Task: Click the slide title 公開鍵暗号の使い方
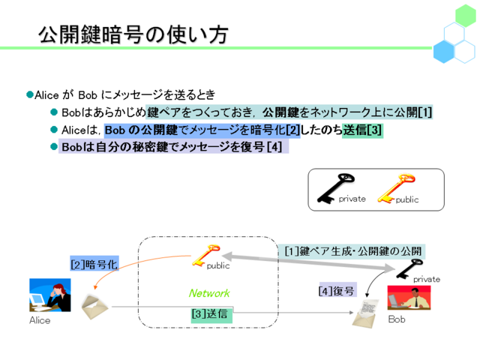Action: [x=133, y=34]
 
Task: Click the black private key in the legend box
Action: [x=336, y=188]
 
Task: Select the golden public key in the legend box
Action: [x=396, y=188]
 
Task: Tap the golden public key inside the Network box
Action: [x=205, y=255]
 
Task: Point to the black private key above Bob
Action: [x=409, y=268]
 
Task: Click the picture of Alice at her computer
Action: [x=50, y=295]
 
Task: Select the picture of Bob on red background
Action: [x=409, y=298]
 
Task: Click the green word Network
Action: [x=209, y=293]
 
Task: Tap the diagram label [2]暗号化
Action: [x=94, y=264]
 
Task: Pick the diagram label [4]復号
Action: [x=337, y=290]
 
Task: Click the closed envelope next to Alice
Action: [x=94, y=307]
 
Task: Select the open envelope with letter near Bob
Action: [x=365, y=313]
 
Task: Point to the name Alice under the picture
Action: [x=40, y=320]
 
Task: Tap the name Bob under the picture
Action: [x=397, y=319]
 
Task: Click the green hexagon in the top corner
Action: [x=465, y=15]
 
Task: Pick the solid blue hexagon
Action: [x=443, y=52]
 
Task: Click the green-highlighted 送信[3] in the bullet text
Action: [x=362, y=130]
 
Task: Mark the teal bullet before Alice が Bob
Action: [x=30, y=94]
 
